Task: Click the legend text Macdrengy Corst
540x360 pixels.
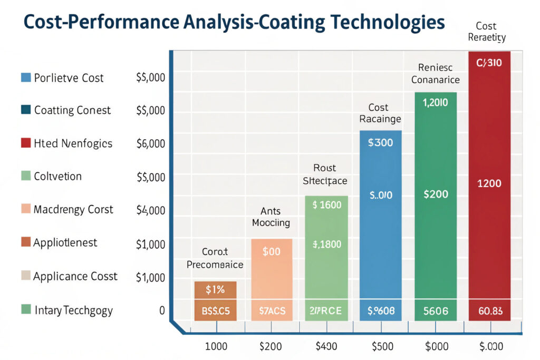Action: [73, 209]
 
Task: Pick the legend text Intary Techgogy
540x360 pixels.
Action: [73, 310]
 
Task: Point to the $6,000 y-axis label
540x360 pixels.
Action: [151, 143]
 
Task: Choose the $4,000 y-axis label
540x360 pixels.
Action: [151, 210]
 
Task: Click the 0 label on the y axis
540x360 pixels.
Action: [162, 310]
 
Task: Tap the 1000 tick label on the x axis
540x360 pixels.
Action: [215, 346]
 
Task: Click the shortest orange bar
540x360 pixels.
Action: [215, 301]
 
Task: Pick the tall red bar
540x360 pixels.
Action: [489, 184]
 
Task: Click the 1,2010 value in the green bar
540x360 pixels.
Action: [436, 103]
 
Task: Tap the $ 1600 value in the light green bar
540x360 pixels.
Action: [327, 205]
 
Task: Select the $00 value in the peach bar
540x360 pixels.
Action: [271, 251]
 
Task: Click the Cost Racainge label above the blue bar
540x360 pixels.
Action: [380, 113]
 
